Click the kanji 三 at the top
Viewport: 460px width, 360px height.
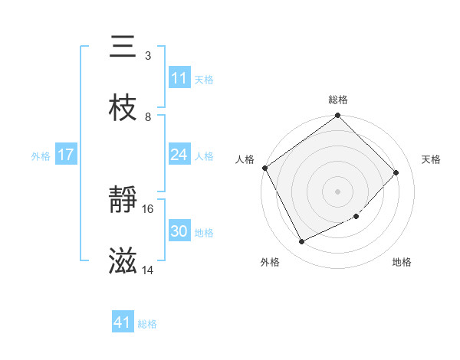coord(123,47)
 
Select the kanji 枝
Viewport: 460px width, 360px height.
coord(123,109)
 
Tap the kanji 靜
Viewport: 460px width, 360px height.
coord(123,201)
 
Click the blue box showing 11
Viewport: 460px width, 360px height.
coord(179,78)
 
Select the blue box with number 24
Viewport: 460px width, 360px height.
coord(179,155)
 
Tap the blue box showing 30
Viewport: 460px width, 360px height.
coord(179,232)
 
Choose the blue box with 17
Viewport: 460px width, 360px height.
coord(66,155)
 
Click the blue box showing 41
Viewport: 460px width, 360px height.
coord(123,323)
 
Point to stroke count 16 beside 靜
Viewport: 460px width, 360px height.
coord(148,208)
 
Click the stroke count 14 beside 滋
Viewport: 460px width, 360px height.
coord(148,270)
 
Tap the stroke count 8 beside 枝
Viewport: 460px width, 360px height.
coord(148,116)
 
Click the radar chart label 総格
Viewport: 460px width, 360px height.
coord(338,100)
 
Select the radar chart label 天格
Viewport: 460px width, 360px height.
coord(432,159)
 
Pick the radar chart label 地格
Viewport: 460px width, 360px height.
coord(402,262)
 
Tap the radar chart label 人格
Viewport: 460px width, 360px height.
coord(245,159)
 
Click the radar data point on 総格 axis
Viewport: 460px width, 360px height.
coord(338,116)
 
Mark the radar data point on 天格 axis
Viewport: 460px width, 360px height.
coord(396,172)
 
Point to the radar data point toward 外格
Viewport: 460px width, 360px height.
coord(301,242)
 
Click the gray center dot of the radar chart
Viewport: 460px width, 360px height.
coord(338,191)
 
